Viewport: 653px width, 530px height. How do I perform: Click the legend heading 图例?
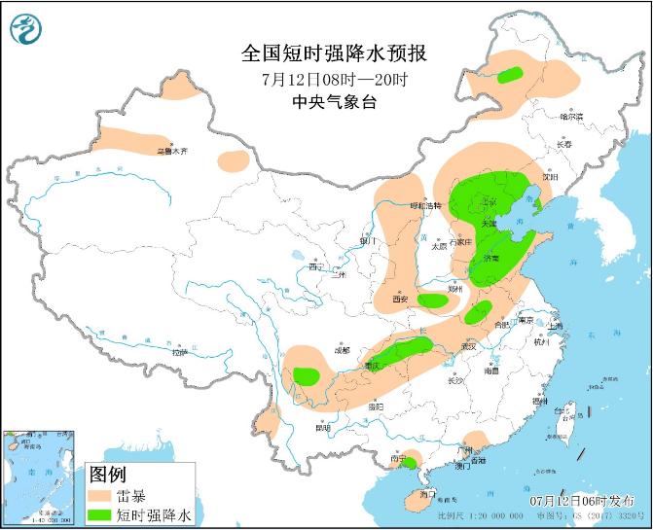(x=107, y=476)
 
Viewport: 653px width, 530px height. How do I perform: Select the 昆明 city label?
(x=323, y=428)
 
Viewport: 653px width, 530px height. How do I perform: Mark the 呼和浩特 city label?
(x=424, y=206)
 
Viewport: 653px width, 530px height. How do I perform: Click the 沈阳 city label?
(x=551, y=178)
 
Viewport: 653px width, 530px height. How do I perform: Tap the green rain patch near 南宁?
(x=409, y=462)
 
